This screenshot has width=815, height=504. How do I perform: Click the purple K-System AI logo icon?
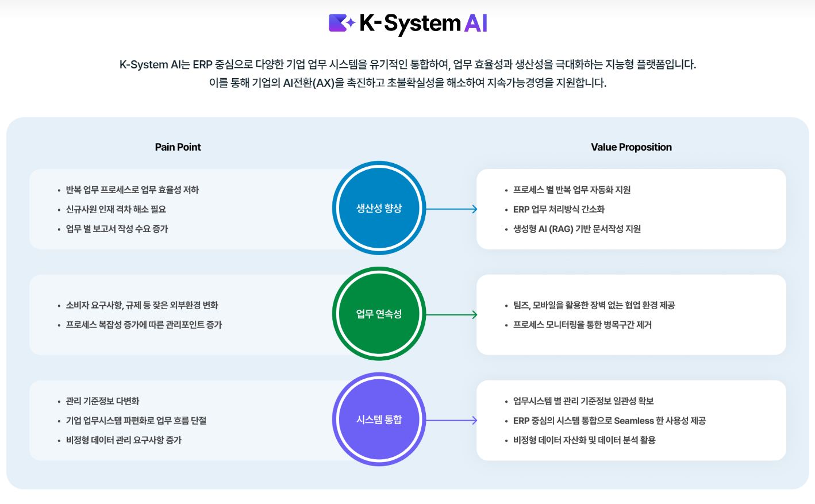[x=341, y=23]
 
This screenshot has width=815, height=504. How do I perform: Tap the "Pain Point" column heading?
[x=178, y=147]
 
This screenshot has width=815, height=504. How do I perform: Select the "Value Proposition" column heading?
[x=631, y=147]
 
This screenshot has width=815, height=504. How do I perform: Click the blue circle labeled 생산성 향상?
[x=379, y=208]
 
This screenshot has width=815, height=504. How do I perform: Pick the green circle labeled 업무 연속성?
[x=379, y=314]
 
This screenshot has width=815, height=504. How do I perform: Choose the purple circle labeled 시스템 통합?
[x=379, y=420]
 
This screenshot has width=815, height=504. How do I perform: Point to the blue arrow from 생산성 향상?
[x=451, y=209]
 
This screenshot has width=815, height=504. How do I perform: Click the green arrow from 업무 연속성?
[x=451, y=315]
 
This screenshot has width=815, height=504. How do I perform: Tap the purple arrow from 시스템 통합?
[x=451, y=421]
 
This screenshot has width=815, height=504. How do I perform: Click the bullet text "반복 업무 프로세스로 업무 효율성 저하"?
[x=132, y=190]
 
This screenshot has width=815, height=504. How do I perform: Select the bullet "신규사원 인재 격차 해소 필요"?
[x=116, y=209]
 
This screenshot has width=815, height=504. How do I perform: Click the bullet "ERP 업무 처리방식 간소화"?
[x=559, y=209]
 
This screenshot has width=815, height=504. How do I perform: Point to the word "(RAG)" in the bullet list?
[x=561, y=229]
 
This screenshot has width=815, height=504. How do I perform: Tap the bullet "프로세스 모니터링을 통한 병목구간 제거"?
[x=582, y=325]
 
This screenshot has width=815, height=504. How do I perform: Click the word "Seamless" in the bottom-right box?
[x=634, y=421]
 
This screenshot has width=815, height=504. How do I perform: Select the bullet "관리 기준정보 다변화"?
[x=102, y=401]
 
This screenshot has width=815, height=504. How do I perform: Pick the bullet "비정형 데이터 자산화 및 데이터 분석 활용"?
[x=584, y=440]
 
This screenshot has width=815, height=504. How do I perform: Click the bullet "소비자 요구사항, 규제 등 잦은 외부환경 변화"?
[x=142, y=305]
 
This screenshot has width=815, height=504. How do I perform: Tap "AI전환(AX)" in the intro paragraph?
[x=309, y=83]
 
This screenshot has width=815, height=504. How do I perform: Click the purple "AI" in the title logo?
[x=476, y=23]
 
